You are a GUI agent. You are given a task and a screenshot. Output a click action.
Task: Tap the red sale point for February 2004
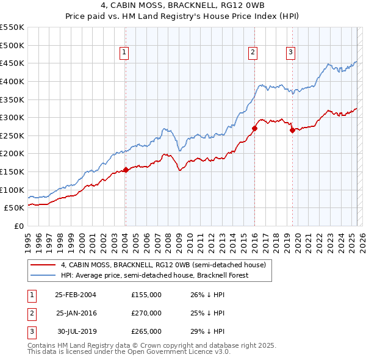[126, 170]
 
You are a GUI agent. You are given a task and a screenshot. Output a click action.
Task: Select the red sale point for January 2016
[254, 128]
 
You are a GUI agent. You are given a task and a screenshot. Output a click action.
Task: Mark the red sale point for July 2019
[292, 130]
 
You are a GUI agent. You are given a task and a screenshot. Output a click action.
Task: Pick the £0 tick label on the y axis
[18, 226]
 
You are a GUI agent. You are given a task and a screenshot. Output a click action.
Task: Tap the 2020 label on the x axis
[296, 238]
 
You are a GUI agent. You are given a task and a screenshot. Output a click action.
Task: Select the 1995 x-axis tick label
[27, 238]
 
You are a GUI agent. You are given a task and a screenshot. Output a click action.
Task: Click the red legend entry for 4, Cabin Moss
[163, 265]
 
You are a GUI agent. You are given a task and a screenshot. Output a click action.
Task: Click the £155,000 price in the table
[146, 295]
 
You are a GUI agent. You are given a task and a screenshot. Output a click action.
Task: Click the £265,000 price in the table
[146, 331]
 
